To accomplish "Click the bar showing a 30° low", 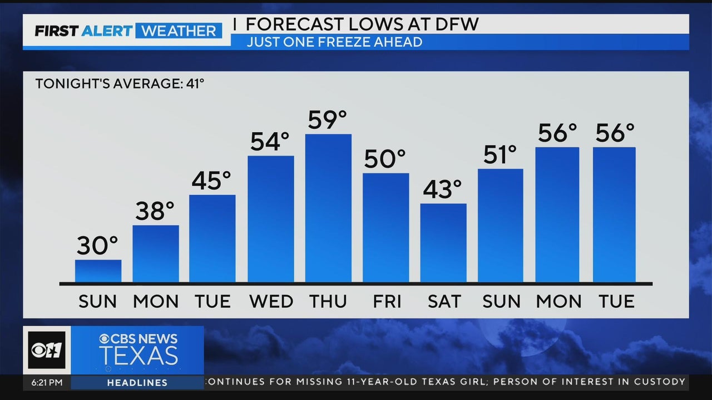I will (x=98, y=271).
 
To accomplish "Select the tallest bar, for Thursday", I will (x=328, y=208).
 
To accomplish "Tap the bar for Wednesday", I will (x=271, y=219).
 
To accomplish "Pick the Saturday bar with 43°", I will (x=443, y=243).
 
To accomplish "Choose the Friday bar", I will (x=386, y=228).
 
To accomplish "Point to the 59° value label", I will (x=327, y=120).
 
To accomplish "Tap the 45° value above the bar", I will (x=211, y=181).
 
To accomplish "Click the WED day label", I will (x=271, y=302).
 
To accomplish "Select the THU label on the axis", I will (x=328, y=302).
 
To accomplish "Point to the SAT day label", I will (x=444, y=302).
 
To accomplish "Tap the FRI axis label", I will (x=386, y=302).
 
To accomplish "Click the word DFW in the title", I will (x=454, y=24).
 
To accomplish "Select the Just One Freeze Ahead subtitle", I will (x=334, y=42).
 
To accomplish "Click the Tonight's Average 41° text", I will (x=120, y=84).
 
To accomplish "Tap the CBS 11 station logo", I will (x=47, y=351).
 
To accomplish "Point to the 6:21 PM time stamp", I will (x=43, y=382).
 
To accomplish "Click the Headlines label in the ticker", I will (x=137, y=383).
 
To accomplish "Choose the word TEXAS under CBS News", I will (x=139, y=356).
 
